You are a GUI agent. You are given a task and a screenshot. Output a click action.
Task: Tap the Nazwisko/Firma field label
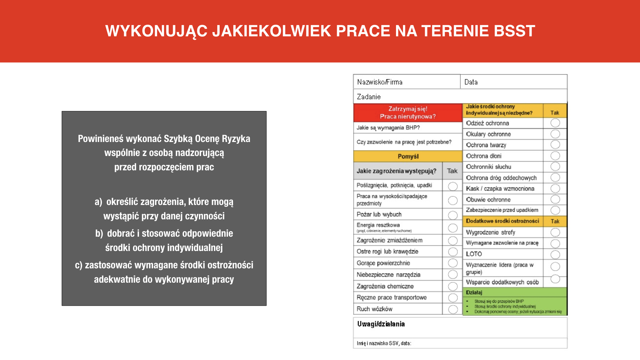380,82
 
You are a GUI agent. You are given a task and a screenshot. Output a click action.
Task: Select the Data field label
471,82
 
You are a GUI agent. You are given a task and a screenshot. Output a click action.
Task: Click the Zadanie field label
369,97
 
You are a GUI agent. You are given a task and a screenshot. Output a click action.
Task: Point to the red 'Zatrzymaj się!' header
408,112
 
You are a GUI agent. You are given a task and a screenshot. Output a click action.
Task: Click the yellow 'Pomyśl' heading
408,156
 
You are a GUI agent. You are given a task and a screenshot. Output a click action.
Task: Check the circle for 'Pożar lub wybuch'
453,215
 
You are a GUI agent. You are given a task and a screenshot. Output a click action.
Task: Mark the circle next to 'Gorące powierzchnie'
453,263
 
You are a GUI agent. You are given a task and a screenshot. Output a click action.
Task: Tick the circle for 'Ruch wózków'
453,309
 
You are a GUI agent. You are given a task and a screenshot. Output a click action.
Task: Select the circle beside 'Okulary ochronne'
555,134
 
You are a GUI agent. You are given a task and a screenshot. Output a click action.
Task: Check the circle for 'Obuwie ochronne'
555,199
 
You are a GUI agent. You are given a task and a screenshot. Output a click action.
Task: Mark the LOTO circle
555,255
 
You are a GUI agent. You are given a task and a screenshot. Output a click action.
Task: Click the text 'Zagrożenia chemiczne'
385,286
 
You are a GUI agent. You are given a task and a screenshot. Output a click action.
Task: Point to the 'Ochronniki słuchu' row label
488,167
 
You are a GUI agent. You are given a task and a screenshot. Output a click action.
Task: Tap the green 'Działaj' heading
474,292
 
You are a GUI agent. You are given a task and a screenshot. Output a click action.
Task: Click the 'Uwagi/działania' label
381,324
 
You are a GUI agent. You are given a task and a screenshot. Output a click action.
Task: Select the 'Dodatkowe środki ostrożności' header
502,221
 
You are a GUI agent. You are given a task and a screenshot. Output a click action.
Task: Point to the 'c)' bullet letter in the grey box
79,265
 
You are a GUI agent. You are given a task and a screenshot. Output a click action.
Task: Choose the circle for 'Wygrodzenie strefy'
555,232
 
